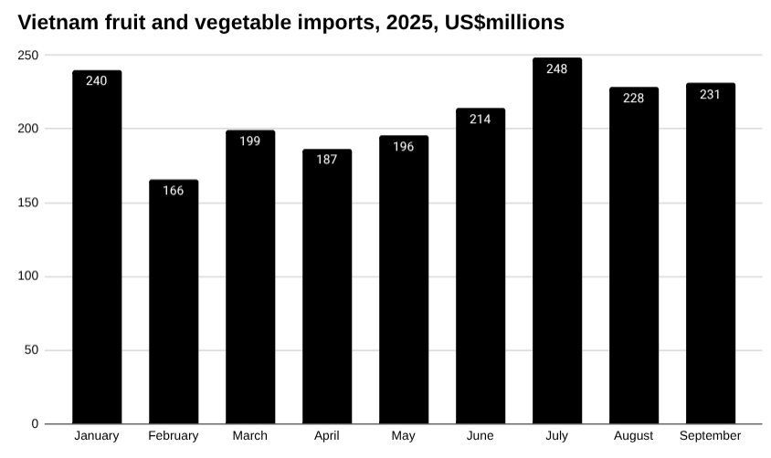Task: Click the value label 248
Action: (557, 68)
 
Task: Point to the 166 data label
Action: (174, 191)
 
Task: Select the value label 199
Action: (250, 141)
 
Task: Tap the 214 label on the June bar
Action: (481, 119)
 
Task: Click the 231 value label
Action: (711, 94)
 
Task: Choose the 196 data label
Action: (404, 146)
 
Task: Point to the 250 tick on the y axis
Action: (28, 55)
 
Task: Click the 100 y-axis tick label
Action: (28, 276)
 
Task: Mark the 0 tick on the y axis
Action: (35, 424)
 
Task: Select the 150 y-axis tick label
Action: (28, 203)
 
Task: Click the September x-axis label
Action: (711, 436)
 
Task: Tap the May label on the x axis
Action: (404, 436)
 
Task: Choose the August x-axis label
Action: (634, 436)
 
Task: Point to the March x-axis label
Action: (250, 436)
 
